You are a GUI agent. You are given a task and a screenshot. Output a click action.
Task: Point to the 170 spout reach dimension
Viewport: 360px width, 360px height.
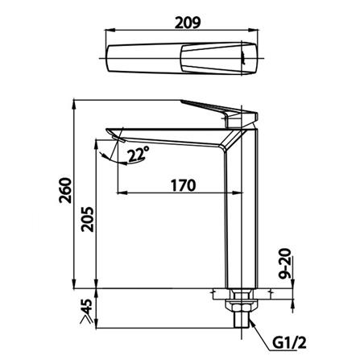coord(183,186)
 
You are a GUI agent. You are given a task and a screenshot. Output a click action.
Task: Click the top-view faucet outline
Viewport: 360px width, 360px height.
coord(184,60)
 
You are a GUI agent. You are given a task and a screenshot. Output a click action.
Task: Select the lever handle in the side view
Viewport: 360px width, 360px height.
coord(213,110)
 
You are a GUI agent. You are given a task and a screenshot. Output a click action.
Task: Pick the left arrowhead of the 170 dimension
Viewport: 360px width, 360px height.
coord(122,193)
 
